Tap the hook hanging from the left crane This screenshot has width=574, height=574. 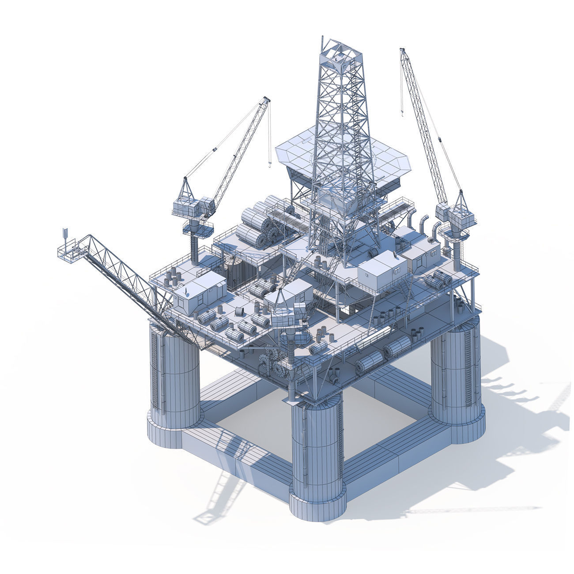tap(268, 164)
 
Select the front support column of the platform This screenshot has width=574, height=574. tap(317, 446)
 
